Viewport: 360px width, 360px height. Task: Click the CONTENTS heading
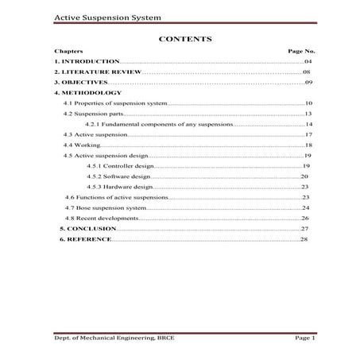pyautogui.click(x=184, y=38)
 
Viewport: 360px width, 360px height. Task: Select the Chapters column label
pyautogui.click(x=68, y=50)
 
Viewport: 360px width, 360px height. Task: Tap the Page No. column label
pyautogui.click(x=301, y=50)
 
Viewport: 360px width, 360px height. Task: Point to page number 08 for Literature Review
pyautogui.click(x=306, y=72)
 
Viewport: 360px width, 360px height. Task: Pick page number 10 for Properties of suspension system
pyautogui.click(x=308, y=103)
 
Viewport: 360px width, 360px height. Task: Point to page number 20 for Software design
pyautogui.click(x=304, y=176)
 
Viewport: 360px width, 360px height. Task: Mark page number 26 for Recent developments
pyautogui.click(x=304, y=218)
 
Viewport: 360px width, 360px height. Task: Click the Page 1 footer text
pyautogui.click(x=305, y=339)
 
